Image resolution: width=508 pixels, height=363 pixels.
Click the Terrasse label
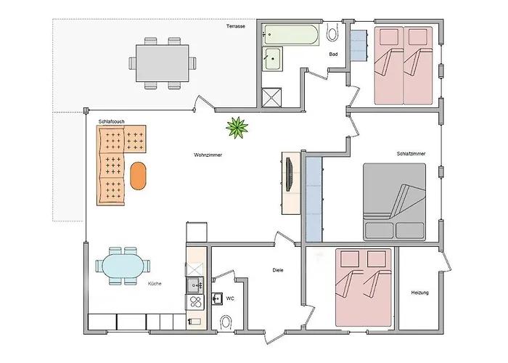[236, 26]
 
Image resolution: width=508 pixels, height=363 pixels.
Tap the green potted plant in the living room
[237, 128]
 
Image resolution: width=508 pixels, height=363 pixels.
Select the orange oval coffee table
[138, 176]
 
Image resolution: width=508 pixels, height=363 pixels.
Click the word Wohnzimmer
[208, 155]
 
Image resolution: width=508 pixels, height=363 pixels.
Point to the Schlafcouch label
[112, 121]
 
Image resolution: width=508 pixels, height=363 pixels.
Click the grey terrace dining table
[162, 63]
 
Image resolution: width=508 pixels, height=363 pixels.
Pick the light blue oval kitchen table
[123, 266]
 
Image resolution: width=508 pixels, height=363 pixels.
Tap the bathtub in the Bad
[290, 35]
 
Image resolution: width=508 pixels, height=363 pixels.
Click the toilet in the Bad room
[332, 33]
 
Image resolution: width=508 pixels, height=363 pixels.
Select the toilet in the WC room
[226, 322]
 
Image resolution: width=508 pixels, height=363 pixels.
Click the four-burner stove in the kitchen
[195, 302]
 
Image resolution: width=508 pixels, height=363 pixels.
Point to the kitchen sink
[195, 285]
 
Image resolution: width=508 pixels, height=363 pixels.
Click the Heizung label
[420, 293]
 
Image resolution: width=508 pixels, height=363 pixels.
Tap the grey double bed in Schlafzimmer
[394, 202]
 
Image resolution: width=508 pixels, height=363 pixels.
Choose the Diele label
[278, 270]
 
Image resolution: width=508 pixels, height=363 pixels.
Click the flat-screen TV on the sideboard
[289, 174]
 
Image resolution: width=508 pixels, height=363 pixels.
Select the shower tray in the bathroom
[271, 97]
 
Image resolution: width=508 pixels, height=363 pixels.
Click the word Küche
[155, 284]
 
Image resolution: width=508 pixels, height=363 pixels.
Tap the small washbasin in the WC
[217, 298]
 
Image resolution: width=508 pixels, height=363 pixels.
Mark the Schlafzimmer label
[411, 154]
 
